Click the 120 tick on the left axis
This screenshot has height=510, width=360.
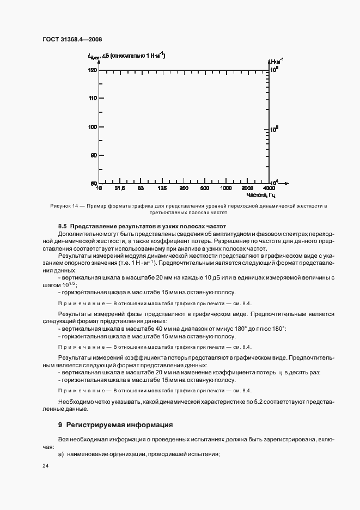[92, 70]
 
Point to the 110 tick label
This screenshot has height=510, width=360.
[92, 98]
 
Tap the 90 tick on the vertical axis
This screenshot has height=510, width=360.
[93, 155]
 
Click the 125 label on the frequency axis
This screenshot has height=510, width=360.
[162, 189]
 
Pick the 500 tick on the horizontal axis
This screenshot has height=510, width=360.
[205, 189]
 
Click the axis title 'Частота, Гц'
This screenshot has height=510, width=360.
[261, 195]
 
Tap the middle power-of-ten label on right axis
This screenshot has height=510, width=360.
[275, 129]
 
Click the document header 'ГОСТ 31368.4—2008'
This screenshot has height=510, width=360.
[70, 39]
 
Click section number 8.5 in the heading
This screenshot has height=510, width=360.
[63, 226]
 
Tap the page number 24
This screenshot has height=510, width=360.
[45, 466]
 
